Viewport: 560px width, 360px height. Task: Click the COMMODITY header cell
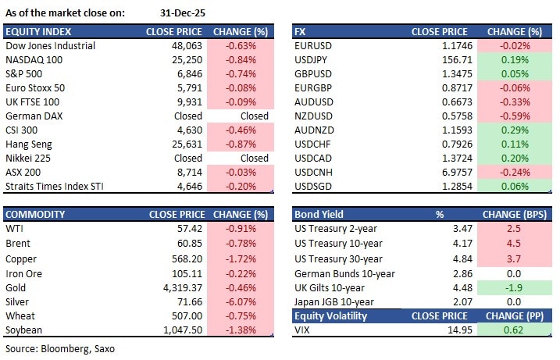click(32, 214)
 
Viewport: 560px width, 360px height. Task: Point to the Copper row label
click(22, 257)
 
